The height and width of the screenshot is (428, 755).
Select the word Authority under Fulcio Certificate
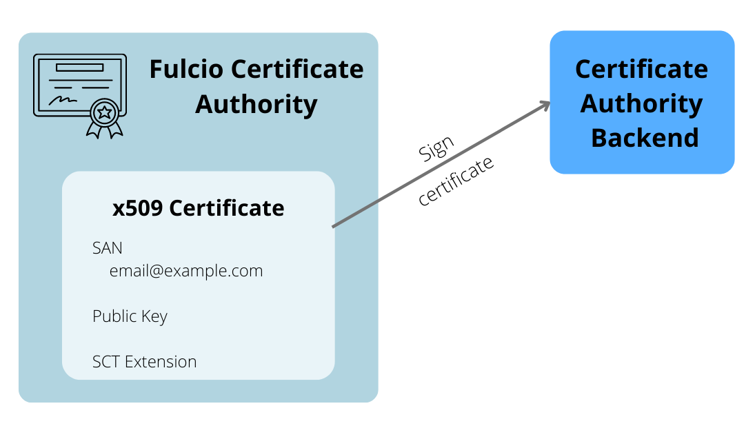pos(256,104)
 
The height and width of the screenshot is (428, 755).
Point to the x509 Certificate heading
pos(199,207)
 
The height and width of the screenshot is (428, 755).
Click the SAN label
pos(108,247)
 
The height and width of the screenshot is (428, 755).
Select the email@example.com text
pos(186,270)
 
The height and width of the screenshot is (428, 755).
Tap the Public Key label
pos(130,316)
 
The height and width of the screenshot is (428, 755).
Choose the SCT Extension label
pos(144,361)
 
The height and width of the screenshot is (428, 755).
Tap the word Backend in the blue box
pos(645,138)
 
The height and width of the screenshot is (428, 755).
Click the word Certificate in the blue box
pos(641,69)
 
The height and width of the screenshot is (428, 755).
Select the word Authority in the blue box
pos(641,103)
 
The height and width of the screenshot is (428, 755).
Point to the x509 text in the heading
pos(137,207)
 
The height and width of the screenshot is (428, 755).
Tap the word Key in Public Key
pos(155,316)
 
